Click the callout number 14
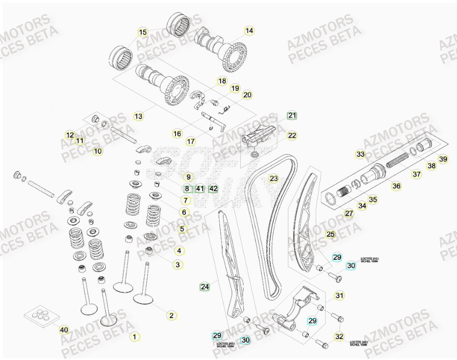249,31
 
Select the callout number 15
143,32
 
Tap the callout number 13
138,116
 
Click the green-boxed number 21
292,115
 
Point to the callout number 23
274,178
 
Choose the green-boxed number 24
205,287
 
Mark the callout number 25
330,234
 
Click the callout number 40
64,330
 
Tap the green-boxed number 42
213,188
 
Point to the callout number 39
443,160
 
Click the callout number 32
339,336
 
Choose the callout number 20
247,95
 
